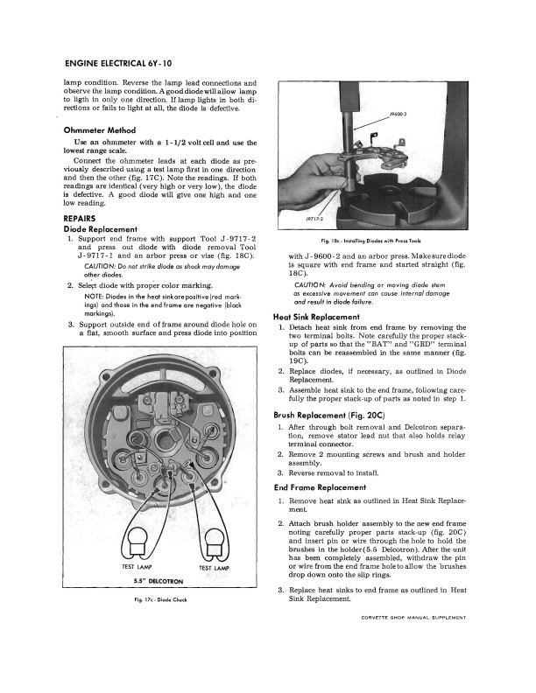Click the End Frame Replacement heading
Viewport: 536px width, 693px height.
point(321,487)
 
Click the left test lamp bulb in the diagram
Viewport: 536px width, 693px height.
point(117,540)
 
